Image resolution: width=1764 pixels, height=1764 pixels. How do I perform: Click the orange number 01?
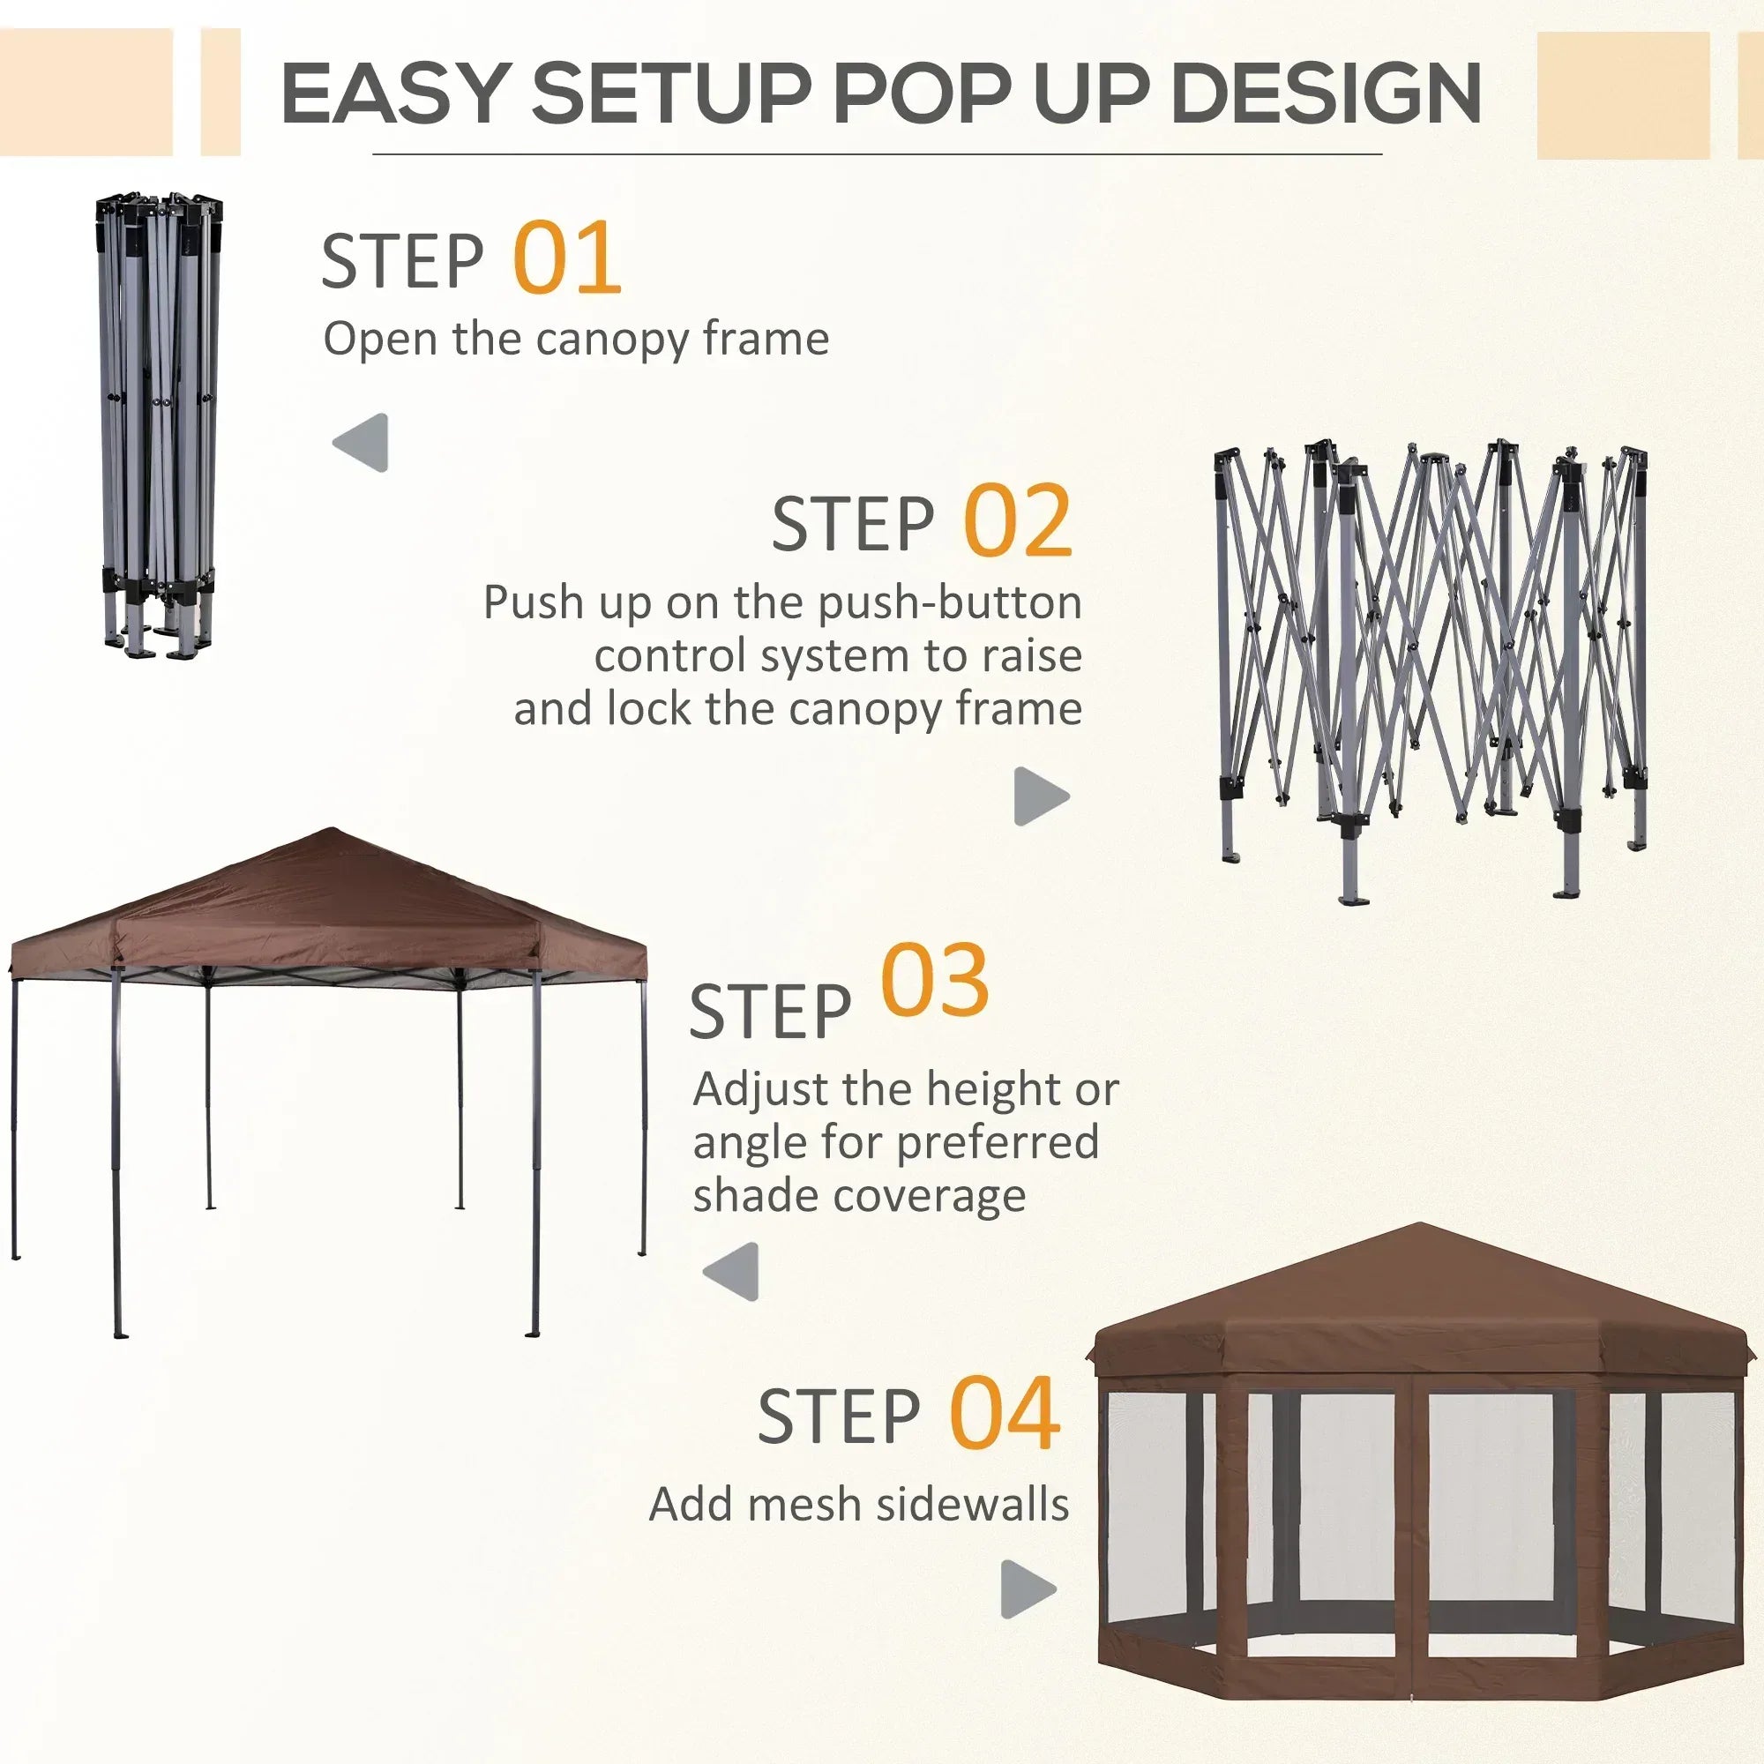click(x=567, y=258)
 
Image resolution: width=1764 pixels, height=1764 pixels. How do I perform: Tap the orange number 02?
click(x=1018, y=520)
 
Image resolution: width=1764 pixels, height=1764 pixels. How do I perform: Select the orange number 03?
click(x=935, y=981)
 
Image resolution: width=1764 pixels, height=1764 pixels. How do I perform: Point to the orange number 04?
click(x=1005, y=1415)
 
